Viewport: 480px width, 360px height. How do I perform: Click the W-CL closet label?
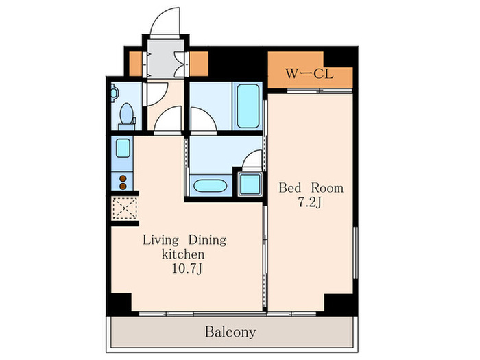[309, 74]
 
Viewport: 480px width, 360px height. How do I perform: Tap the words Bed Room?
[311, 188]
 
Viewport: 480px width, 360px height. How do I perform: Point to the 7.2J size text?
[309, 203]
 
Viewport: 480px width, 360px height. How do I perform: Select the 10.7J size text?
[187, 269]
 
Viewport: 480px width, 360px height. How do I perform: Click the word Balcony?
[230, 332]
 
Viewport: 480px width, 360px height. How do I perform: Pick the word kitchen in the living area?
[183, 254]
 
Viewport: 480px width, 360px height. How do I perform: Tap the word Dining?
[207, 240]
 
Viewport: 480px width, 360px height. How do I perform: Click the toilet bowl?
[127, 114]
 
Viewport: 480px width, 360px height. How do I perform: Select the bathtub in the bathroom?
[248, 106]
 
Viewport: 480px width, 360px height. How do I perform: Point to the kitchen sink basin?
[123, 148]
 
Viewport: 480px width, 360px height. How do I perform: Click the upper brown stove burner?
[123, 178]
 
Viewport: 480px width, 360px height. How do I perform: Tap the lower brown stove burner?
[123, 186]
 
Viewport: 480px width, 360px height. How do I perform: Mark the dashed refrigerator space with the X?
[125, 208]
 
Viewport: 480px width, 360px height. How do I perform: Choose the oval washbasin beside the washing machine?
[211, 186]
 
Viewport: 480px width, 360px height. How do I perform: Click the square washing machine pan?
[250, 184]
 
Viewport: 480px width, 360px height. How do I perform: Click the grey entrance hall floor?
[166, 59]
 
